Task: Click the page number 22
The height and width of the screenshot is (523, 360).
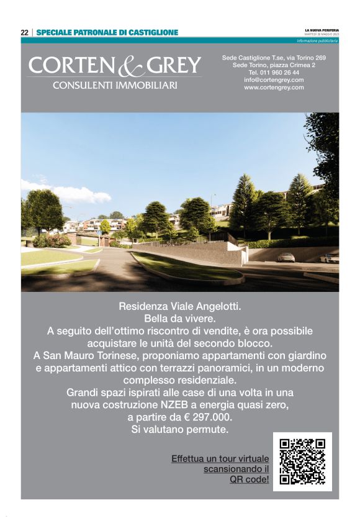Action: click(x=24, y=32)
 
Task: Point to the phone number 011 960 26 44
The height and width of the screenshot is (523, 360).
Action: click(x=282, y=73)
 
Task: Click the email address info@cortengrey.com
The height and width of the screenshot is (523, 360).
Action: click(x=274, y=80)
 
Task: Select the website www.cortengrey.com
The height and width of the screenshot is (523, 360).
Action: click(x=274, y=88)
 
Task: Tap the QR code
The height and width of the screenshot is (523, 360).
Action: click(x=302, y=462)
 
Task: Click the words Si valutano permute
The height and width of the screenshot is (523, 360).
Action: click(x=179, y=429)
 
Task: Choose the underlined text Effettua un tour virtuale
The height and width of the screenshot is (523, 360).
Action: click(x=220, y=458)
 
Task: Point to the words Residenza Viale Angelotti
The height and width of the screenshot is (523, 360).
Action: click(x=179, y=306)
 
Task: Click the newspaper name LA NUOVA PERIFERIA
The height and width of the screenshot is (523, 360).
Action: click(x=322, y=29)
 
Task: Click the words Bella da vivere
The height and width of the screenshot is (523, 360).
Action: click(x=179, y=319)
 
